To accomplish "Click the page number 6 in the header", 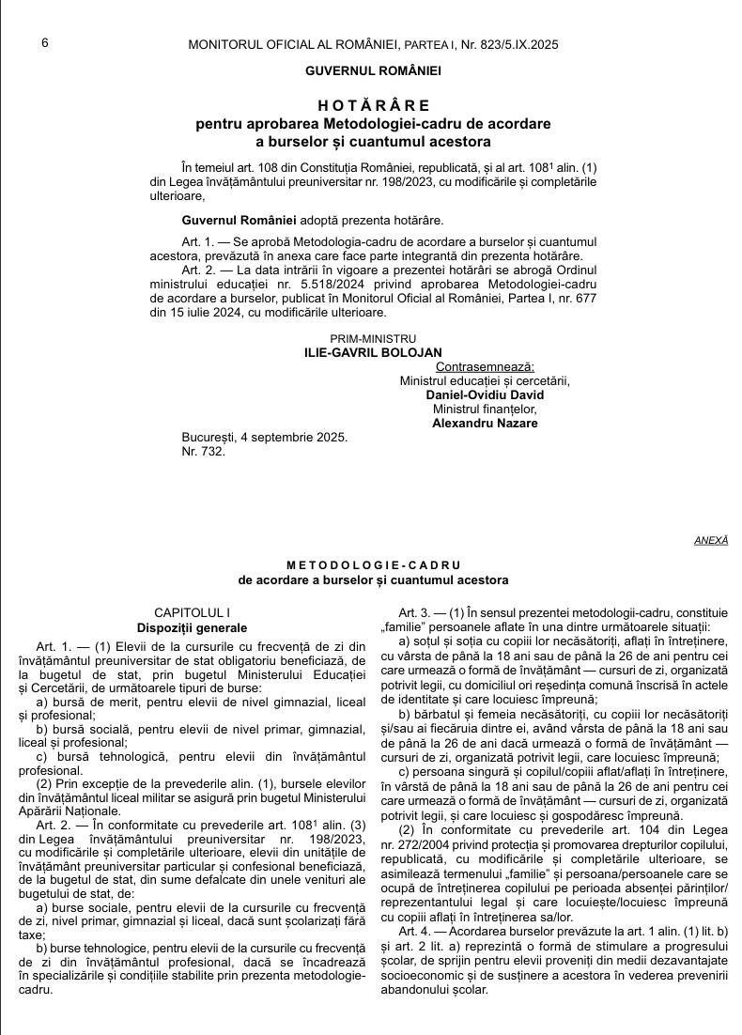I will coord(45,42).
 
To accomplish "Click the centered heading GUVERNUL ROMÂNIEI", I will coord(373,70).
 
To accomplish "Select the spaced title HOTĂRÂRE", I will coord(373,105).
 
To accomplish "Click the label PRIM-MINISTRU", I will coord(373,339).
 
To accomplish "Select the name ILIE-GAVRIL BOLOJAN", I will coord(373,352).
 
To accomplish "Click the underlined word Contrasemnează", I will coord(485,367).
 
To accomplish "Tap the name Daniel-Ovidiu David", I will coord(485,395).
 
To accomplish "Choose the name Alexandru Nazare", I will coord(485,424).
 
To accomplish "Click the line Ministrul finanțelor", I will coord(485,409).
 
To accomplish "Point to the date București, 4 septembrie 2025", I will coord(264,438).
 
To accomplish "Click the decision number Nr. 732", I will coord(203,452).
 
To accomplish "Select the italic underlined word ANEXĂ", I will coord(711,540).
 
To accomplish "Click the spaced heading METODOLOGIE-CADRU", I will coord(373,566).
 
